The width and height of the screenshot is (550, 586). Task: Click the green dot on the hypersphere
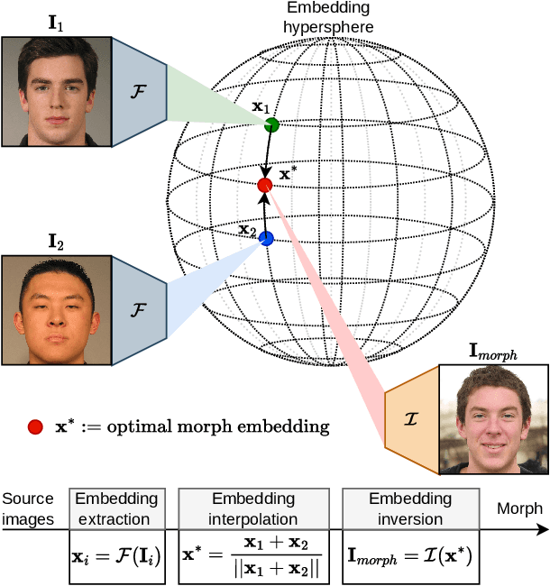coord(272,125)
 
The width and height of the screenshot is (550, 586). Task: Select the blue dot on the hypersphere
coord(266,239)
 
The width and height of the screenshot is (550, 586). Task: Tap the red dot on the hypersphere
coord(264,185)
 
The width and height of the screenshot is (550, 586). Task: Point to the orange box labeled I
coord(410,420)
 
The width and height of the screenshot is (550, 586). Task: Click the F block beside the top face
coord(138,91)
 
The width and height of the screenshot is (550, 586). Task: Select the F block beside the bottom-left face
coord(138,308)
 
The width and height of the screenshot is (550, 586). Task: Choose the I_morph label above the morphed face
coord(492,351)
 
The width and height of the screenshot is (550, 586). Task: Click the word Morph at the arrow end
coord(520,509)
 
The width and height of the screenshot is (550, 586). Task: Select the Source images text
coord(28,508)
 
